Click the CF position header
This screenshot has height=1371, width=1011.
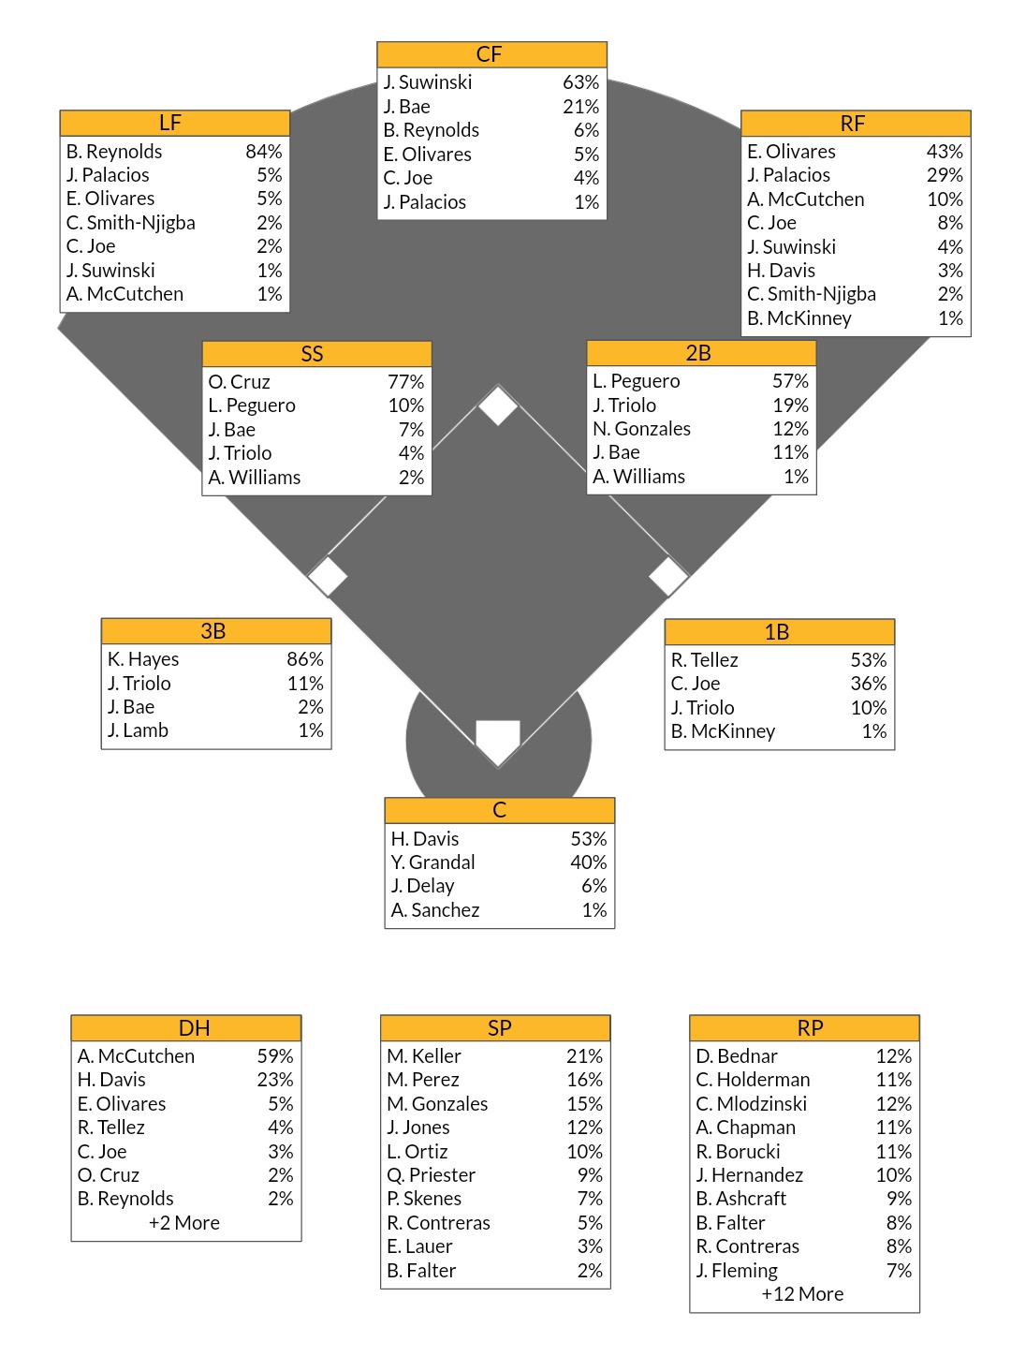490,54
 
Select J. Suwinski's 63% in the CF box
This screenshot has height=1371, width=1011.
580,82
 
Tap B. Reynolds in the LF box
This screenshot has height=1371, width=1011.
114,152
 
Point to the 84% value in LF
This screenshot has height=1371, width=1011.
263,152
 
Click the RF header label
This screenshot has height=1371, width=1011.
853,124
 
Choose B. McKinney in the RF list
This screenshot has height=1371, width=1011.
799,318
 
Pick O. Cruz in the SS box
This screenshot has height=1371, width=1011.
240,382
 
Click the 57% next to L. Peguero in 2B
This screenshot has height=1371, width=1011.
790,381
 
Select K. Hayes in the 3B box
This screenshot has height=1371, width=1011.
143,659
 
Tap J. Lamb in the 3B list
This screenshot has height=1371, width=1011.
139,730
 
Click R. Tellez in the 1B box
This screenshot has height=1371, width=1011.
705,660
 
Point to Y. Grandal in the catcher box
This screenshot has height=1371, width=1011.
433,862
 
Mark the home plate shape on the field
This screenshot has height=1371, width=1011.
498,740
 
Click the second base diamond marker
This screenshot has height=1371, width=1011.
498,405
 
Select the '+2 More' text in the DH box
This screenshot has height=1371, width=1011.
184,1223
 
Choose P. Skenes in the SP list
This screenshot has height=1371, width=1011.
424,1199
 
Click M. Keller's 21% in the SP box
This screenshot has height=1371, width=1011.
584,1056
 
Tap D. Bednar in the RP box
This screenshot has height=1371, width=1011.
737,1056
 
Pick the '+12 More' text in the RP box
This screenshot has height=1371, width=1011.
802,1294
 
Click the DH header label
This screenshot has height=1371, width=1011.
195,1028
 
